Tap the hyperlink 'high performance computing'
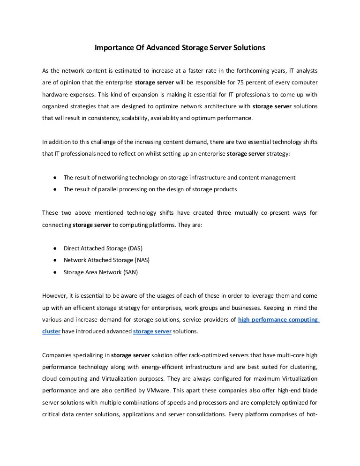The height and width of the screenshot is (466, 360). click(x=278, y=320)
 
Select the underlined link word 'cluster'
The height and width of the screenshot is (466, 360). click(x=51, y=331)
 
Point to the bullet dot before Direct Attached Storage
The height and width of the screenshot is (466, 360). click(x=55, y=248)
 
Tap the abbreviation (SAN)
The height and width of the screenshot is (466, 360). click(x=129, y=271)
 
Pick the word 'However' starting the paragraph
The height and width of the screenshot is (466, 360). click(x=53, y=296)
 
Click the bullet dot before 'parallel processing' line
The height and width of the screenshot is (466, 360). click(x=55, y=189)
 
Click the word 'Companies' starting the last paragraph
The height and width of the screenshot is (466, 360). click(x=57, y=355)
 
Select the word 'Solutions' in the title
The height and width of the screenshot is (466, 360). click(x=250, y=48)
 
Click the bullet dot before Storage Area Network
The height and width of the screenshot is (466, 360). click(x=55, y=271)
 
